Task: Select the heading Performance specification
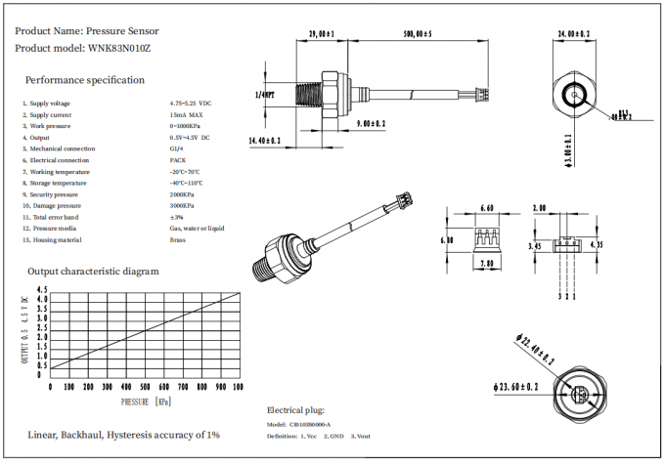(85, 80)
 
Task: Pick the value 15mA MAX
(186, 114)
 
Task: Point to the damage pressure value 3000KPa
(182, 205)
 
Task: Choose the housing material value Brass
(177, 239)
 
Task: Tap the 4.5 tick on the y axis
(41, 290)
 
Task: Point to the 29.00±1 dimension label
(322, 34)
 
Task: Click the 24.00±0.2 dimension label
(573, 34)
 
